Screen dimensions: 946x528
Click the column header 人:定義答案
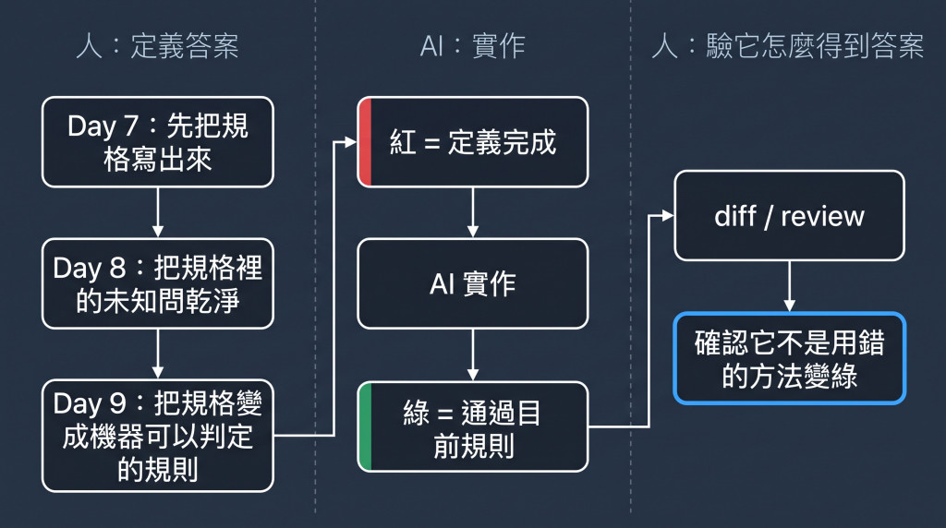[157, 46]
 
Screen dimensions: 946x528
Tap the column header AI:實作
[472, 46]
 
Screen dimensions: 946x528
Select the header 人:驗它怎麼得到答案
[788, 46]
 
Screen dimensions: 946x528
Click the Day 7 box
[157, 142]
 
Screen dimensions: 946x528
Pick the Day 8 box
[157, 284]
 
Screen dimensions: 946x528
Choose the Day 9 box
[157, 436]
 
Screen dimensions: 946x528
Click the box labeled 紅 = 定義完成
[473, 142]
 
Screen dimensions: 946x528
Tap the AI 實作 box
[473, 284]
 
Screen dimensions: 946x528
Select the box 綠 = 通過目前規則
[473, 426]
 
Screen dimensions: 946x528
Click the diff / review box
[789, 216]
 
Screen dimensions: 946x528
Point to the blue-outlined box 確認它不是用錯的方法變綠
[789, 358]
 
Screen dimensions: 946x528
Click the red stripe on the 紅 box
[364, 142]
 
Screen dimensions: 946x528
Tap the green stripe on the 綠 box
[364, 426]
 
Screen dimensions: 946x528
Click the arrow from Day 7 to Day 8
[157, 212]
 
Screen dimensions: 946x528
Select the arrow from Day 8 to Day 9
[157, 354]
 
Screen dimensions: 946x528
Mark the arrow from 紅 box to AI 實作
[473, 212]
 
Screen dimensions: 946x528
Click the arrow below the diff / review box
[789, 286]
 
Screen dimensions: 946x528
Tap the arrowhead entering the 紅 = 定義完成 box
[350, 142]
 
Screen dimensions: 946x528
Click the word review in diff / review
[822, 216]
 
